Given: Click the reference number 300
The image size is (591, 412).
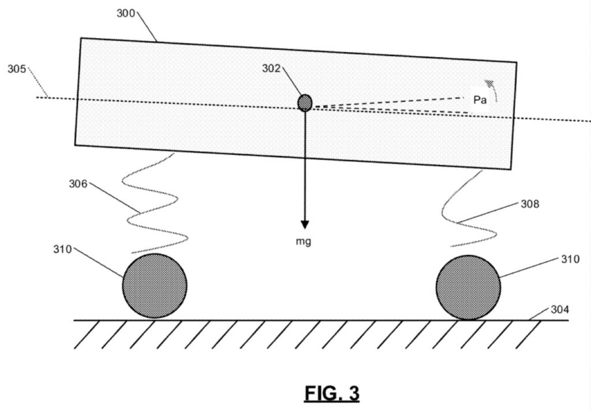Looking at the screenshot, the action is (125, 13).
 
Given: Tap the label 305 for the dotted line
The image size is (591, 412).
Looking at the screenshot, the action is (17, 69).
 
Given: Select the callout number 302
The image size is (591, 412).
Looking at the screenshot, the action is (271, 68).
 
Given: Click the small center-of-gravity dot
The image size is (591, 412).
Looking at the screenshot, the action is (305, 103).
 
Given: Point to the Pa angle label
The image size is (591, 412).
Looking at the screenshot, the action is (480, 100).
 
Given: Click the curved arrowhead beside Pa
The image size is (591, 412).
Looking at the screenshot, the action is (489, 84).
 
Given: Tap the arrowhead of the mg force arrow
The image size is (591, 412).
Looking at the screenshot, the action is (305, 225).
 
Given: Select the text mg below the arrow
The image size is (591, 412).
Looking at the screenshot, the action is (304, 242).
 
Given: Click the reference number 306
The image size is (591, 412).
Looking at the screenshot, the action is (78, 184).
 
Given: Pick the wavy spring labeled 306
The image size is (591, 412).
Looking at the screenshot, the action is (155, 204).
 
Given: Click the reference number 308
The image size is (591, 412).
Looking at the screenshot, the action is (530, 204).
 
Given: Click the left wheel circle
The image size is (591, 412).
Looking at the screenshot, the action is (155, 285).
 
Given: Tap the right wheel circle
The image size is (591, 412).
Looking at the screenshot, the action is (469, 288).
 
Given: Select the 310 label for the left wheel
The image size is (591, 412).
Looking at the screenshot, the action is (62, 250).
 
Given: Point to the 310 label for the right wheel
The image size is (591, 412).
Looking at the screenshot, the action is (570, 259).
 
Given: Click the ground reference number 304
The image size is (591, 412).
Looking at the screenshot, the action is (560, 310).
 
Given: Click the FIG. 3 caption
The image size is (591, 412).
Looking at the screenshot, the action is (332, 394).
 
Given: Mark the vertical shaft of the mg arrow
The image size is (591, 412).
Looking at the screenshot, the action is (305, 166).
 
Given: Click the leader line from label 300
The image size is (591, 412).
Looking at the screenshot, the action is (147, 27).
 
